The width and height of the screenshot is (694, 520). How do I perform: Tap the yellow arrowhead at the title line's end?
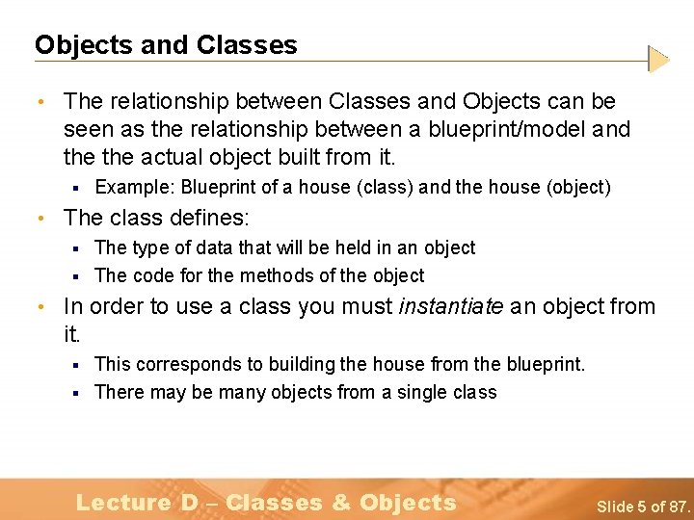click(x=657, y=60)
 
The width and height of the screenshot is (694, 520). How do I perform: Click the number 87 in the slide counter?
click(x=678, y=506)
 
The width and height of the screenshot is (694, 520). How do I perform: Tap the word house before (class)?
click(x=325, y=187)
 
